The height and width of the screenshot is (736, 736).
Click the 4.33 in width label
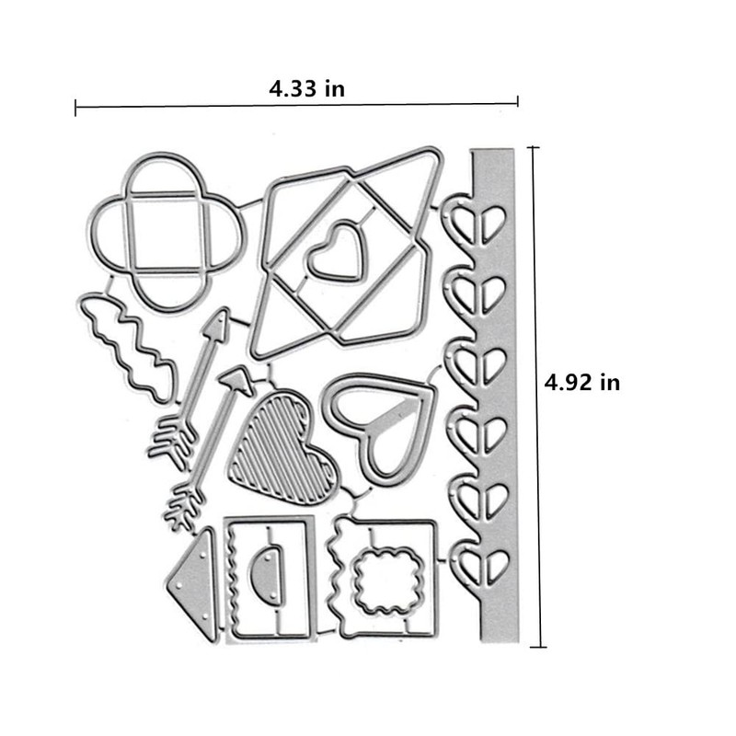tap(306, 89)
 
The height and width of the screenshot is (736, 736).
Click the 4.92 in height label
tap(581, 382)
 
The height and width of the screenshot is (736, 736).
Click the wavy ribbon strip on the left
tap(130, 345)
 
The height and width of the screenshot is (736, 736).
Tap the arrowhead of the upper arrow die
tap(217, 323)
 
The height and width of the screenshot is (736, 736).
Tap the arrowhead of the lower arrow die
tap(237, 379)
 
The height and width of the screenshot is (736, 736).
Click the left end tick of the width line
tap(75, 108)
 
